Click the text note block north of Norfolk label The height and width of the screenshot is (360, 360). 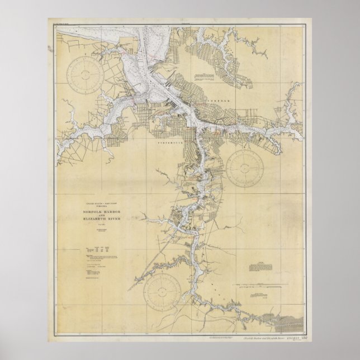[205, 76]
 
